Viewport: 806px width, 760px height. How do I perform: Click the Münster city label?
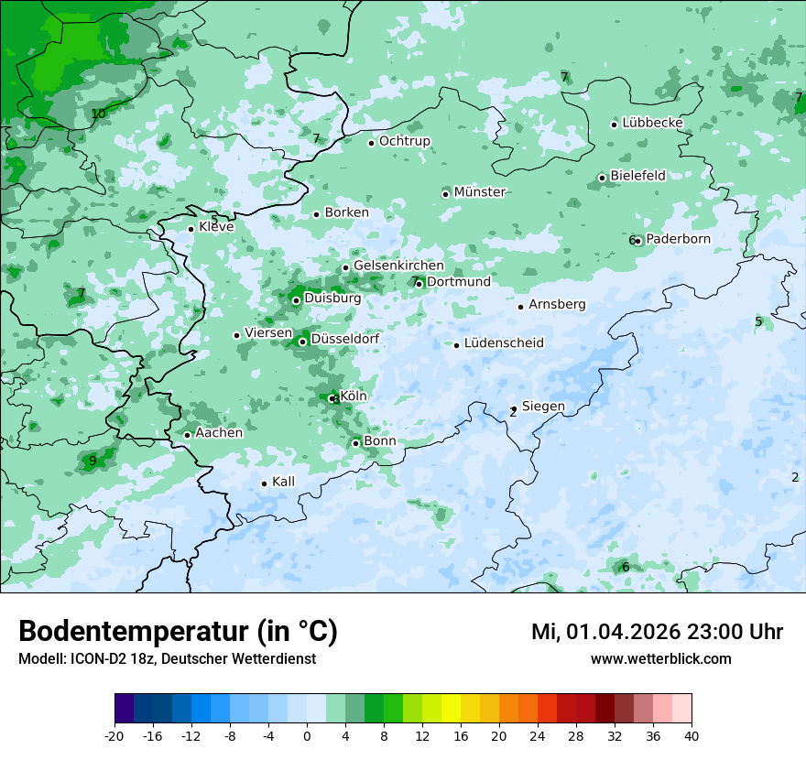click(479, 192)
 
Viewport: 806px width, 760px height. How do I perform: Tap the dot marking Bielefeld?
click(602, 178)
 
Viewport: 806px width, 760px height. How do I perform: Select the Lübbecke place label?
click(652, 123)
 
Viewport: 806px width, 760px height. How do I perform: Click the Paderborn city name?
click(678, 239)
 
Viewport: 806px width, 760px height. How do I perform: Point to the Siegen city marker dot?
click(514, 409)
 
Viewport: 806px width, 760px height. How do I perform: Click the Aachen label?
click(219, 433)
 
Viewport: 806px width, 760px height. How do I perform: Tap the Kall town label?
click(283, 482)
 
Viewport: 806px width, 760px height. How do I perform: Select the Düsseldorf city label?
click(344, 339)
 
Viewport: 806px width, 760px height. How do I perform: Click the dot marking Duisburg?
click(296, 300)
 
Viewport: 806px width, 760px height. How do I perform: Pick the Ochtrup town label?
click(404, 141)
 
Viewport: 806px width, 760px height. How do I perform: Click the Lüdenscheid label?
click(504, 343)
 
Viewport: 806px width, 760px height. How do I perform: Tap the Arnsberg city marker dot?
click(520, 307)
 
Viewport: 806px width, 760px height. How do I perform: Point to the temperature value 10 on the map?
click(98, 114)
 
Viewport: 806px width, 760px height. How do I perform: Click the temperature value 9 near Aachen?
click(93, 461)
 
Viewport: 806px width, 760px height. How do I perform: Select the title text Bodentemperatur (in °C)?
click(178, 632)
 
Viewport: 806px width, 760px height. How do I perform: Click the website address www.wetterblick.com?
click(660, 659)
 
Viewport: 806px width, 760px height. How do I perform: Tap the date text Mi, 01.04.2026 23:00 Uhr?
click(656, 632)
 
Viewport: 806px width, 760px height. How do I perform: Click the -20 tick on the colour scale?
click(114, 736)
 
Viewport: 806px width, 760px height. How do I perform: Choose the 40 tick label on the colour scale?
click(691, 736)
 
